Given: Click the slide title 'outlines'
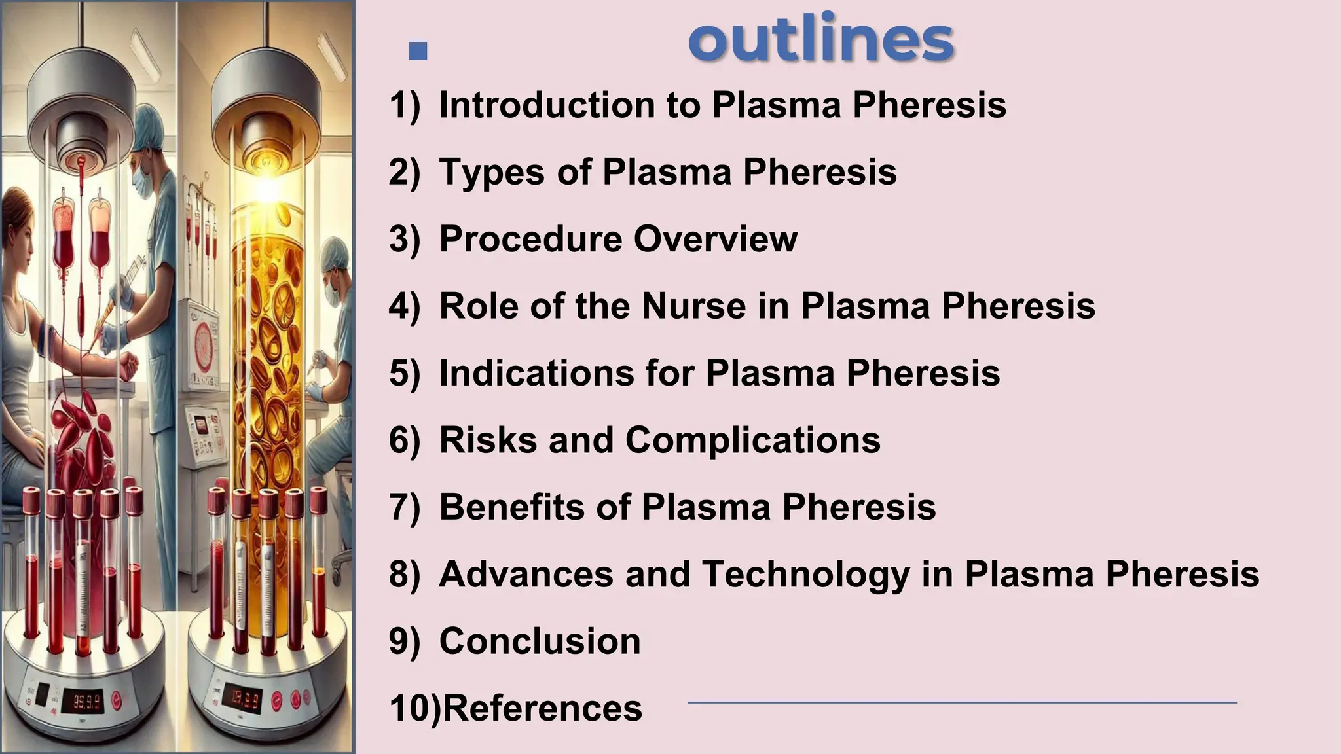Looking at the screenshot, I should point(820,40).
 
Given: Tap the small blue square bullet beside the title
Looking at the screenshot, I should point(418,50).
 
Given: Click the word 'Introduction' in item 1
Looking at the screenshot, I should point(547,105).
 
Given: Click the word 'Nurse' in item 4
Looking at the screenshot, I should point(693,306).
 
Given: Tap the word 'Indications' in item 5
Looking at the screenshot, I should point(536,373).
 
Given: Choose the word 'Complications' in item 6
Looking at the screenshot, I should point(753,440).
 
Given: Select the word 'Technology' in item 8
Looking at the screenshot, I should point(805,574).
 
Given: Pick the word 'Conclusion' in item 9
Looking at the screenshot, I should point(540,641).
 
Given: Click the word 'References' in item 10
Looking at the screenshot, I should point(543,708).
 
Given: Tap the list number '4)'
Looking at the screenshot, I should point(404,306).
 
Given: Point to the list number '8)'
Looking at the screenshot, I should point(404,574).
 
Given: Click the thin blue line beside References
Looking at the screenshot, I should point(961,703).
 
